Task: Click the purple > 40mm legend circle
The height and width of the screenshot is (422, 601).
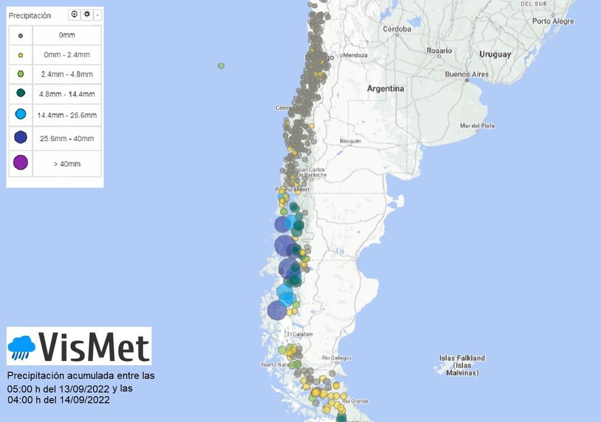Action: (x=21, y=162)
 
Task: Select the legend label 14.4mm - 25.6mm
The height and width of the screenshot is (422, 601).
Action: (x=67, y=115)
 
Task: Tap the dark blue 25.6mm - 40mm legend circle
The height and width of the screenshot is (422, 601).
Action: (x=21, y=138)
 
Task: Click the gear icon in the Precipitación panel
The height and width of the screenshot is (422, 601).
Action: (x=87, y=14)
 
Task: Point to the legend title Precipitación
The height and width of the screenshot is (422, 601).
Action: (x=29, y=16)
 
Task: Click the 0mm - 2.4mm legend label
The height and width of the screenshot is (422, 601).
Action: (x=67, y=55)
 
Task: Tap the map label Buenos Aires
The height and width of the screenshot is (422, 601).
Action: (x=467, y=74)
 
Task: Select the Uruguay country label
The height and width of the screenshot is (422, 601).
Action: (x=495, y=55)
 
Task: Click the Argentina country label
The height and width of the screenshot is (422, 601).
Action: (x=386, y=89)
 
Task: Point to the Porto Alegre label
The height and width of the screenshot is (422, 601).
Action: (x=553, y=21)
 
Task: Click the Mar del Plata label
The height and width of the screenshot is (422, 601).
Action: (x=477, y=126)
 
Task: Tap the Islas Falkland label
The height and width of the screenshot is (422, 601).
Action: (x=462, y=358)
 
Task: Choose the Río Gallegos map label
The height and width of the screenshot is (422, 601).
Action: (x=337, y=358)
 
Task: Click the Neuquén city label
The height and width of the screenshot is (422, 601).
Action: (x=350, y=141)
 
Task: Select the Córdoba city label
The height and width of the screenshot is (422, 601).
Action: (x=397, y=29)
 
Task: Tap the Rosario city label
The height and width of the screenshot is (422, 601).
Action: (x=439, y=51)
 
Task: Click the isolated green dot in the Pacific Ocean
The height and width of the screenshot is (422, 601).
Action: (x=221, y=66)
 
